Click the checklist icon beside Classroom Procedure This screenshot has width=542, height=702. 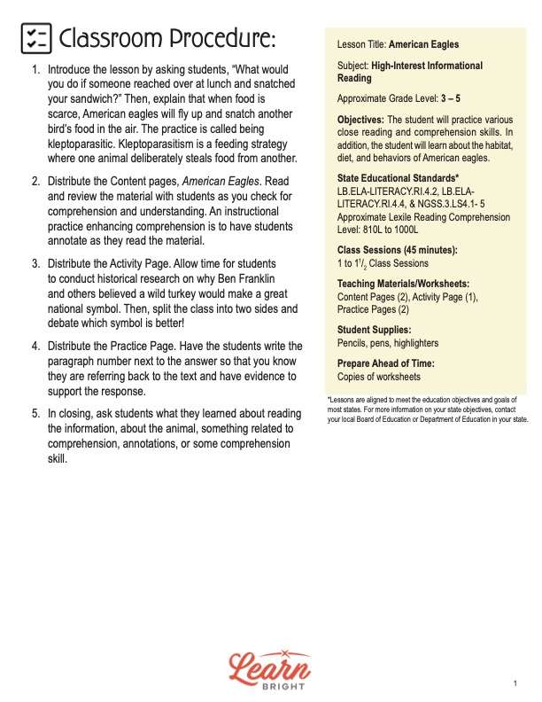pos(35,39)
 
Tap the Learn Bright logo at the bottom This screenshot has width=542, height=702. pos(271,670)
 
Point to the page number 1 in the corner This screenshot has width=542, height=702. pos(515,683)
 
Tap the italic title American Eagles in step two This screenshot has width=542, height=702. pos(217,182)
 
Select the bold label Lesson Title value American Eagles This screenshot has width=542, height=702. pos(424,44)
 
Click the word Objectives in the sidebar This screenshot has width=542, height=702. pos(360,120)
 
